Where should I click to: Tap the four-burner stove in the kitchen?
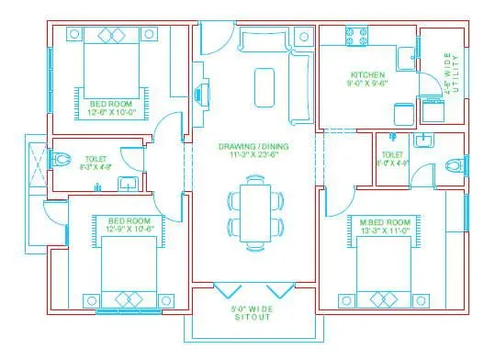[x=357, y=39]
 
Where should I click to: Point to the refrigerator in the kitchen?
[x=402, y=113]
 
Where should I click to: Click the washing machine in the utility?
[x=433, y=109]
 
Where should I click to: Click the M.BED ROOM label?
[x=380, y=221]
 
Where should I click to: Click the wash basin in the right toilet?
[x=422, y=141]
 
